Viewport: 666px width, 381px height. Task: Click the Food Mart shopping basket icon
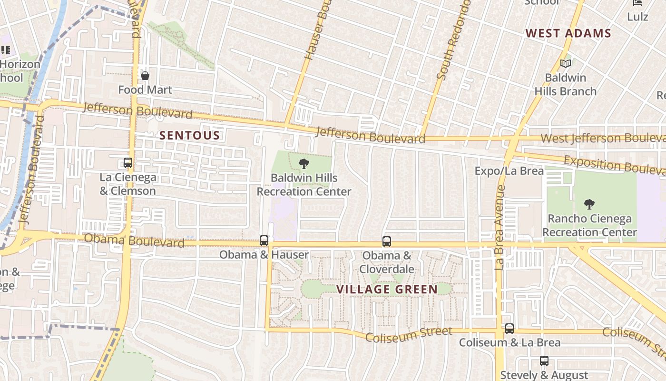(145, 76)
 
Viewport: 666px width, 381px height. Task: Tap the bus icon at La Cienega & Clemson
(127, 163)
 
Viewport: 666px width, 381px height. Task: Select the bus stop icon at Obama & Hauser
(264, 241)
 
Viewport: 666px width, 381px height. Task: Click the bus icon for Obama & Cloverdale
(387, 241)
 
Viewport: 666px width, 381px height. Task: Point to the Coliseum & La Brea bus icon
(509, 329)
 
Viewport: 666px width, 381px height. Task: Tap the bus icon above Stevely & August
(544, 361)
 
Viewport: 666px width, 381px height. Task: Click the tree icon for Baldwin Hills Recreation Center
(304, 164)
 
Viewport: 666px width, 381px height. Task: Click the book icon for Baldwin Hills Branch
(565, 63)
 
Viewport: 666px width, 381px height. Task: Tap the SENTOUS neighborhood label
(190, 136)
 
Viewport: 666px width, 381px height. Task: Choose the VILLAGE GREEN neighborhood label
(387, 290)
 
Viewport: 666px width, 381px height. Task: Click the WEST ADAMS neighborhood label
(568, 33)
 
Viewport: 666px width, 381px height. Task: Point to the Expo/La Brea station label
(509, 171)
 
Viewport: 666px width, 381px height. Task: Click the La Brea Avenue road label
(499, 228)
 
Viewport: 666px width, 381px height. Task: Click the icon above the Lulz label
(637, 3)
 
